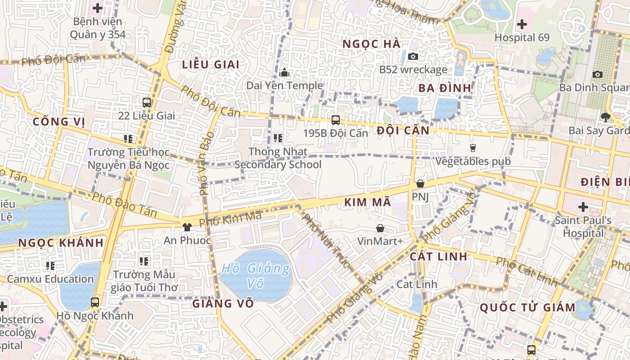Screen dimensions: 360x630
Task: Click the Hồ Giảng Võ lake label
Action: coord(256,275)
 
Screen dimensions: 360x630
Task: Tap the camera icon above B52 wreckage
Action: coord(413,56)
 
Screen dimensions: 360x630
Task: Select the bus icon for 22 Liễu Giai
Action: coord(147,102)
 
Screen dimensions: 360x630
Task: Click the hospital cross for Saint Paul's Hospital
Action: coord(583,207)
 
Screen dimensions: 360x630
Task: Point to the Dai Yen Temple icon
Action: coord(284,72)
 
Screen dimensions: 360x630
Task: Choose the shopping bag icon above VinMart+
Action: coord(380,228)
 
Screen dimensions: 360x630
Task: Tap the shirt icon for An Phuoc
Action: coord(187,227)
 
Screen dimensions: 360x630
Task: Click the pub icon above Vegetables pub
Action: coord(472,148)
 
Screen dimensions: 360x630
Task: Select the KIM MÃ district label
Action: coord(368,202)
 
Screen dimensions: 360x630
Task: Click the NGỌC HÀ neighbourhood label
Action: coord(371,44)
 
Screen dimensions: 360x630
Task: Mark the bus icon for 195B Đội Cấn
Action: coord(335,120)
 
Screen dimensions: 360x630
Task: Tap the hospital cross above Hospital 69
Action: coord(522,24)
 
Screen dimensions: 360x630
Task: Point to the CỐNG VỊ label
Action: coord(58,122)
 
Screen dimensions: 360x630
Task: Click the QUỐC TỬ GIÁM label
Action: coord(527,308)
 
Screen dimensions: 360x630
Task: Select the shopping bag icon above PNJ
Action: coord(420,184)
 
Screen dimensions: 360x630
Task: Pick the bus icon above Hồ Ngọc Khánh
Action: coord(94,302)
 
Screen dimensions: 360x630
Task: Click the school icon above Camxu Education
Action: coord(50,265)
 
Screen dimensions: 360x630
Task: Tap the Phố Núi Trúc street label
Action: coord(325,241)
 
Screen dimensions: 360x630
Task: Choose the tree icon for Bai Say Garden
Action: coord(605,117)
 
